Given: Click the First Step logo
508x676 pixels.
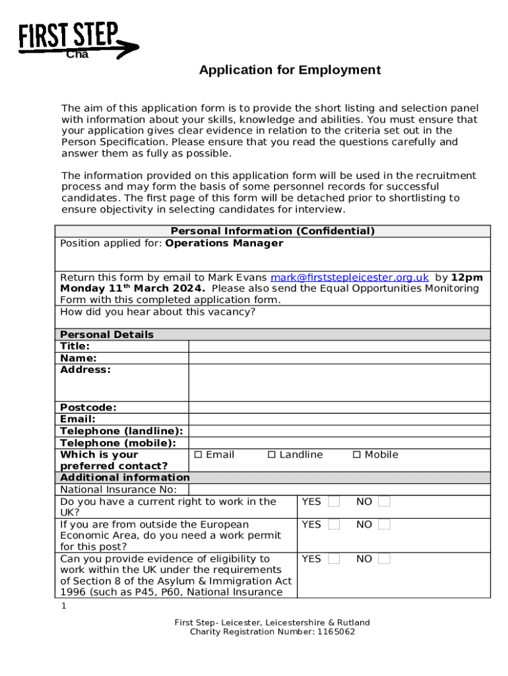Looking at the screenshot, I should pyautogui.click(x=77, y=40).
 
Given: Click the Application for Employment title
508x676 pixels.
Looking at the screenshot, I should pyautogui.click(x=290, y=70).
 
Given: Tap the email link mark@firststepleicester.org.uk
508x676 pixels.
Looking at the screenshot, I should pyautogui.click(x=349, y=277).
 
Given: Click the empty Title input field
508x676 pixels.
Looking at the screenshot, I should pyautogui.click(x=339, y=347).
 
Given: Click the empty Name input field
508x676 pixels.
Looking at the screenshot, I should pyautogui.click(x=339, y=358).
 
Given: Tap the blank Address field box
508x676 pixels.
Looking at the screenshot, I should pyautogui.click(x=339, y=382).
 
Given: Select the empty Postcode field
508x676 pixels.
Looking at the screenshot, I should pyautogui.click(x=339, y=407).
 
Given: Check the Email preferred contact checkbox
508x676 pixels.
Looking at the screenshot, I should pyautogui.click(x=198, y=455).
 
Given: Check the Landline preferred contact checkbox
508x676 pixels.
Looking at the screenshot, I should pyautogui.click(x=271, y=455).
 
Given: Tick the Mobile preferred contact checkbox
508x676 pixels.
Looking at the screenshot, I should pyautogui.click(x=357, y=455).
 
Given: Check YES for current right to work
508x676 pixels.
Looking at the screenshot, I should pyautogui.click(x=334, y=502).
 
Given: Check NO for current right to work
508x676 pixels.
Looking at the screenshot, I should pyautogui.click(x=384, y=502).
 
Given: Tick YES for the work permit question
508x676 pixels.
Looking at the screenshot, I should pyautogui.click(x=334, y=525).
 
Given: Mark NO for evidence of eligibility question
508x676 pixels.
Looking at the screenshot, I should pyautogui.click(x=384, y=559).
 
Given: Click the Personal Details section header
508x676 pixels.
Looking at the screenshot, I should pyautogui.click(x=107, y=335).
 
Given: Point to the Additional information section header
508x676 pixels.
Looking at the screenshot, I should pyautogui.click(x=125, y=477).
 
